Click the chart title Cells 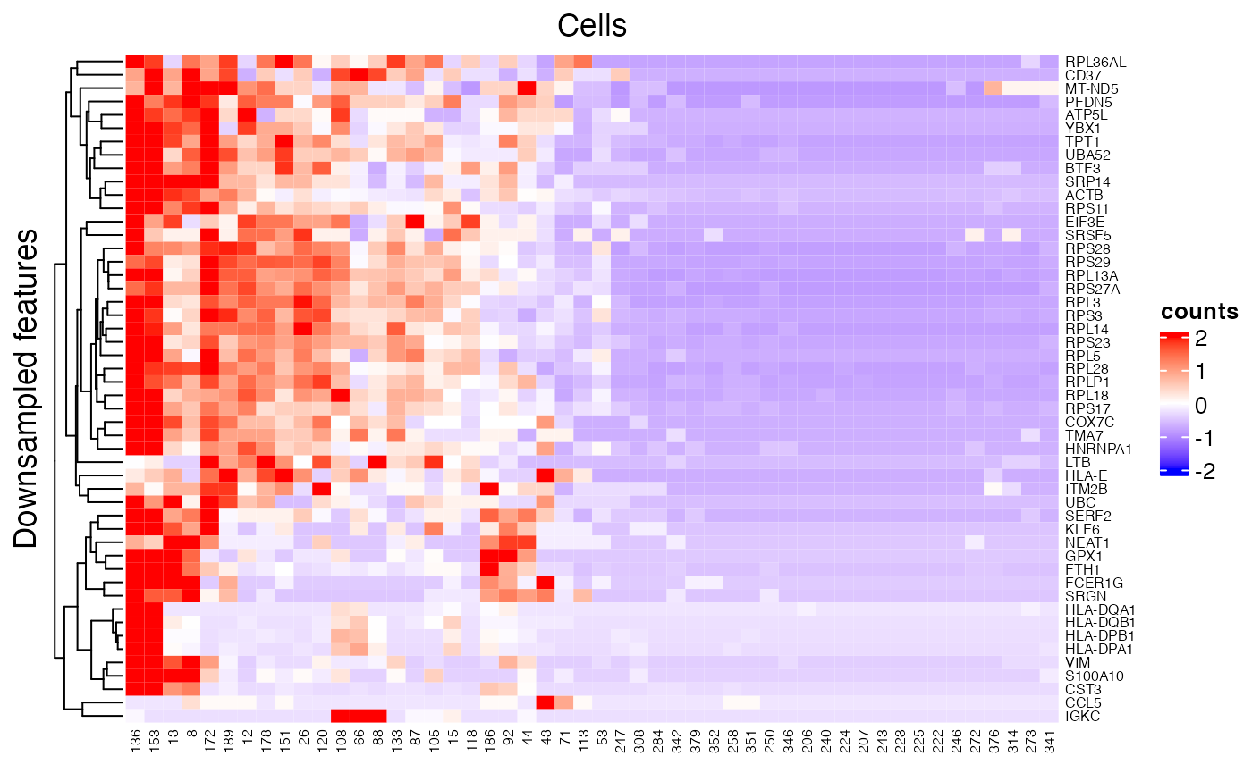coord(591,26)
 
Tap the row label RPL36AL coord(1095,62)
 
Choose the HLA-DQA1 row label coord(1097,609)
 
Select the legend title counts coord(1199,312)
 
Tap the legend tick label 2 coord(1200,339)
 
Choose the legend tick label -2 coord(1196,473)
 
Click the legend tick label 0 coord(1200,406)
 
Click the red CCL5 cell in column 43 coord(546,702)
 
